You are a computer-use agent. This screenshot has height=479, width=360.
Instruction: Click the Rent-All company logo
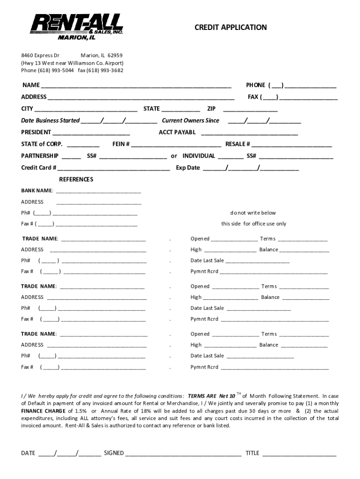pos(77,27)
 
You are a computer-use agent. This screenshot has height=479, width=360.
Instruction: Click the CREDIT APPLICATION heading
pos(230,28)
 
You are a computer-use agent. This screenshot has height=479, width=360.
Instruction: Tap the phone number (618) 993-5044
pos(52,70)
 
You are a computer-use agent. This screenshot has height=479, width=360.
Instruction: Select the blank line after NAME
pos(136,86)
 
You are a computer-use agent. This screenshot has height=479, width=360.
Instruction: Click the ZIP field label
pos(211,109)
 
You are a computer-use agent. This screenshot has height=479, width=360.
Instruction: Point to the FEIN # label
pos(121,144)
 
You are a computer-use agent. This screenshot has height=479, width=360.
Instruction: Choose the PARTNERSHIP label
pos(40,156)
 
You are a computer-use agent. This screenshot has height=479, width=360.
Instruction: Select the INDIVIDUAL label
pos(199,156)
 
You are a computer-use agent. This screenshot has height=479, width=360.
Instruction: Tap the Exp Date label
pos(188,168)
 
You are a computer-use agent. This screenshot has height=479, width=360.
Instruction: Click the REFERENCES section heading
pos(76,180)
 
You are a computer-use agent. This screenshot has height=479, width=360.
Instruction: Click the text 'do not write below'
pos(253,213)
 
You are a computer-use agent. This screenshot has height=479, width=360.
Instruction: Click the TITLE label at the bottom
pos(252,453)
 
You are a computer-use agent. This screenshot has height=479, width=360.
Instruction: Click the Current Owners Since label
pos(190,121)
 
